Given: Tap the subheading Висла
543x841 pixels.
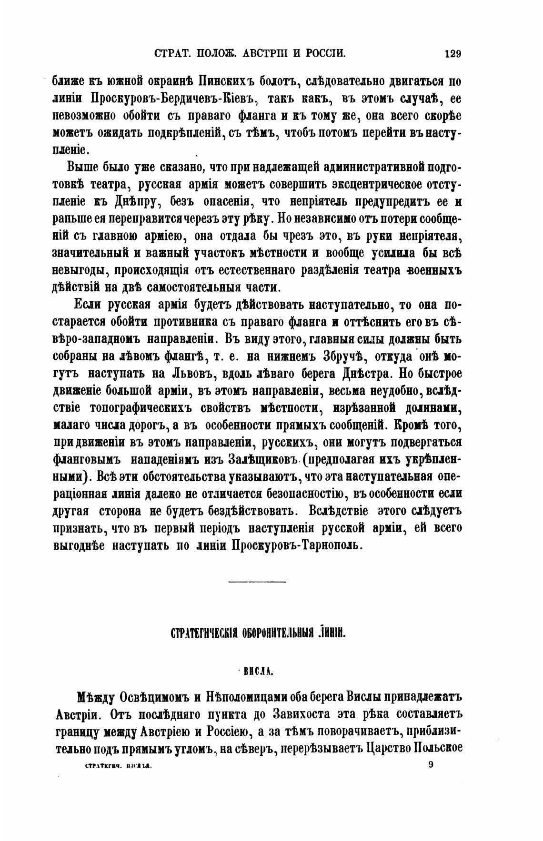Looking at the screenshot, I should [x=257, y=671].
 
